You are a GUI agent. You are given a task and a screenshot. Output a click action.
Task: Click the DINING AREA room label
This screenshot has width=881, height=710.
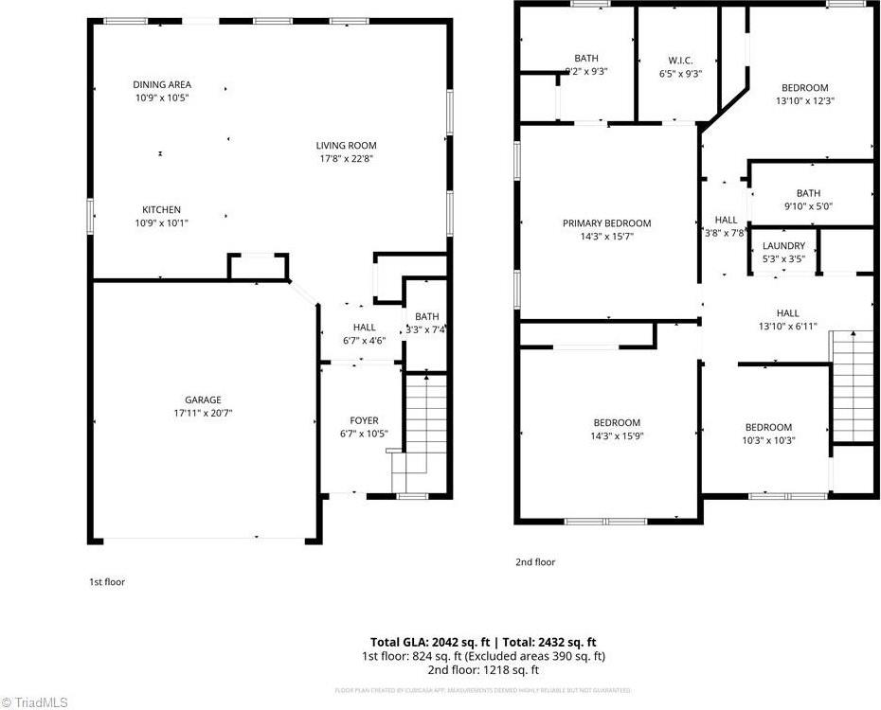(161, 84)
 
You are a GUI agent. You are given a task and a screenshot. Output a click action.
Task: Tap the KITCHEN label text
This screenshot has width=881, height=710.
(161, 209)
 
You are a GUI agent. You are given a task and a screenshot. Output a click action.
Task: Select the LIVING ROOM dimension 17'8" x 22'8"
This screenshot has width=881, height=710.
(346, 159)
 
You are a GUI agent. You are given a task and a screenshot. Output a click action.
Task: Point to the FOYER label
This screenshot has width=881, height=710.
(364, 420)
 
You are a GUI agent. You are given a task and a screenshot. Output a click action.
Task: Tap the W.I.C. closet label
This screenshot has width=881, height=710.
(680, 60)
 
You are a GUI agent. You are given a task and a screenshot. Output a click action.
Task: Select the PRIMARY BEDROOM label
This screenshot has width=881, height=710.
(606, 223)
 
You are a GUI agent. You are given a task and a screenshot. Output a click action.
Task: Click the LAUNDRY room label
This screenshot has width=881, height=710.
(783, 245)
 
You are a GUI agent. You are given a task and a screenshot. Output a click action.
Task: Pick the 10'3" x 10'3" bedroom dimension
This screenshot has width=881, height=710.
(768, 440)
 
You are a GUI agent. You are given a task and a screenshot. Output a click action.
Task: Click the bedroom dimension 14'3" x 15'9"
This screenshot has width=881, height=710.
(617, 436)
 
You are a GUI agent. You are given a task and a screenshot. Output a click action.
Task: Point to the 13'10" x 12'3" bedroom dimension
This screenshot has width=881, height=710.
(804, 101)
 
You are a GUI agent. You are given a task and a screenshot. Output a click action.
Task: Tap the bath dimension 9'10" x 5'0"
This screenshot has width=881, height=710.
(808, 206)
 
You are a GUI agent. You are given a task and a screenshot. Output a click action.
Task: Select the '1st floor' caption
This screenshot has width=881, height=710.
(107, 582)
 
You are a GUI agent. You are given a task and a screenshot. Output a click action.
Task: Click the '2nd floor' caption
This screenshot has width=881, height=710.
(535, 562)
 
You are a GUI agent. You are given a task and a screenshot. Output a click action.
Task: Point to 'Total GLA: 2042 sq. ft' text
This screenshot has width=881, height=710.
(426, 642)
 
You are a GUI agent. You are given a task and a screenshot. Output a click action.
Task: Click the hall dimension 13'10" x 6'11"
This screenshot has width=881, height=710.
(787, 327)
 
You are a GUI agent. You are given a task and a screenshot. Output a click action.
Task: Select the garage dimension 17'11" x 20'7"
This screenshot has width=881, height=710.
(203, 413)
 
